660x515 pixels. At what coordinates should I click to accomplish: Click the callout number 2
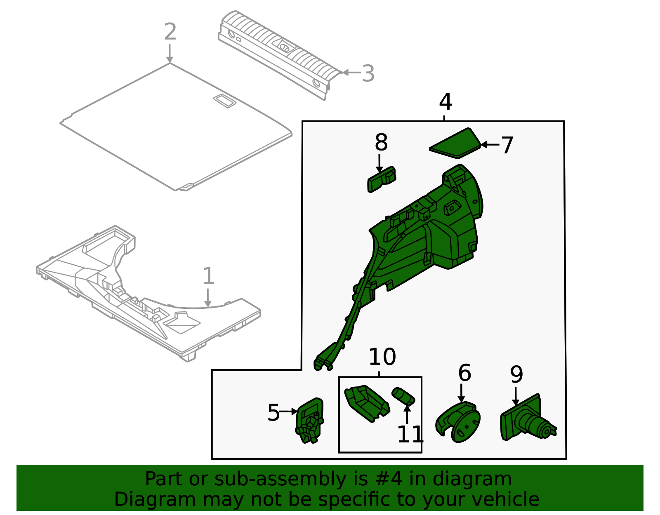click(170, 32)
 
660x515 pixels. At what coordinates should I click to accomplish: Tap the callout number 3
click(368, 74)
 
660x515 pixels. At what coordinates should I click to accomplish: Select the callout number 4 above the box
click(445, 102)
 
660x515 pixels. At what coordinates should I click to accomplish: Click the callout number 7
click(507, 146)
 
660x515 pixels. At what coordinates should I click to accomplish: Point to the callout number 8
click(381, 142)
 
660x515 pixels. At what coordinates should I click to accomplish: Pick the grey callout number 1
click(208, 276)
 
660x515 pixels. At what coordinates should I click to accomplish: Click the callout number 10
click(382, 357)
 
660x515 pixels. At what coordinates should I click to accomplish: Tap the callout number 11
click(410, 435)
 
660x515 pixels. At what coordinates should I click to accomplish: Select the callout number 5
click(273, 413)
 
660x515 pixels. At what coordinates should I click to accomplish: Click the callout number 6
click(464, 373)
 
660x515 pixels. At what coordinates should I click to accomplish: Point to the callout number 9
click(516, 374)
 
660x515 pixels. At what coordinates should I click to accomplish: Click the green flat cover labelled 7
click(455, 144)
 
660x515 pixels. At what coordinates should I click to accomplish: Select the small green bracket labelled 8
click(382, 179)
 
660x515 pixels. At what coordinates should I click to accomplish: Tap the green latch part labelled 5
click(309, 420)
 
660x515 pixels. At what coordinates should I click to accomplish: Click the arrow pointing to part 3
click(351, 73)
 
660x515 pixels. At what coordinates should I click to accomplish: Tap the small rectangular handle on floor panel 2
click(225, 101)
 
